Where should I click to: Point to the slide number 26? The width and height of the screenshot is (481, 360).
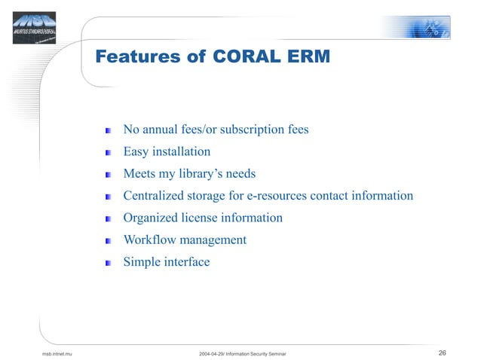(x=442, y=352)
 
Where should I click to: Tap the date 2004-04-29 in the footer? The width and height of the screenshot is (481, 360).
(x=214, y=353)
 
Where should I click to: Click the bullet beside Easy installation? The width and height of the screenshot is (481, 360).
(x=109, y=153)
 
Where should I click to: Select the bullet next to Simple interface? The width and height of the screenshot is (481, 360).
(x=109, y=263)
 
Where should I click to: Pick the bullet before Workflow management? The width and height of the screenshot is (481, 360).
(x=109, y=241)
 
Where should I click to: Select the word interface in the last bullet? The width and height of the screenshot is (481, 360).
(x=185, y=262)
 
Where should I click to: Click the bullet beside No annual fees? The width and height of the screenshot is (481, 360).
(x=109, y=131)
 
